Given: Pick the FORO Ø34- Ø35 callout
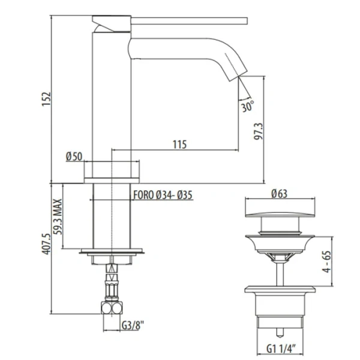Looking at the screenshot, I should (x=161, y=194).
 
